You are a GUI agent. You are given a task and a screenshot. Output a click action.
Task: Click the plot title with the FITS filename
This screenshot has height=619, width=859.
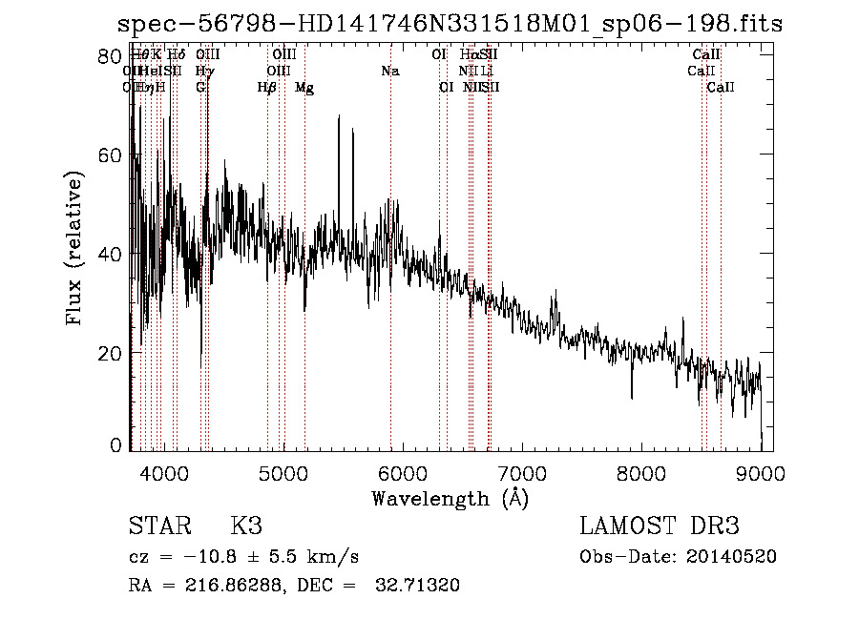449,24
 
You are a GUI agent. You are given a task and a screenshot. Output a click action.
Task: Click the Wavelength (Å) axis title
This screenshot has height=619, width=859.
449,498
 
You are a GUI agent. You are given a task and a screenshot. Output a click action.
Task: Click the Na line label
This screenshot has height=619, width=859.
389,72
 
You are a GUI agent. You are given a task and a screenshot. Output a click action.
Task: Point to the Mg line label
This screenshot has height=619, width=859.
304,88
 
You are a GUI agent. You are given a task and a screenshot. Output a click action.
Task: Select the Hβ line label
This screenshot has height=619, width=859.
267,88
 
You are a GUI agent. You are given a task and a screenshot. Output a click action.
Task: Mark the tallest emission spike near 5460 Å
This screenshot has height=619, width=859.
337,117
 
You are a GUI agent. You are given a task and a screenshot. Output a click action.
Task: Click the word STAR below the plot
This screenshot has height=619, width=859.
159,526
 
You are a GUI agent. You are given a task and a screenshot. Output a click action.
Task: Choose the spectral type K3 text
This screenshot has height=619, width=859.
246,526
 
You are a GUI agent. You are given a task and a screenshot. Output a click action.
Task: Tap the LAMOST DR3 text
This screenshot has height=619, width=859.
660,526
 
